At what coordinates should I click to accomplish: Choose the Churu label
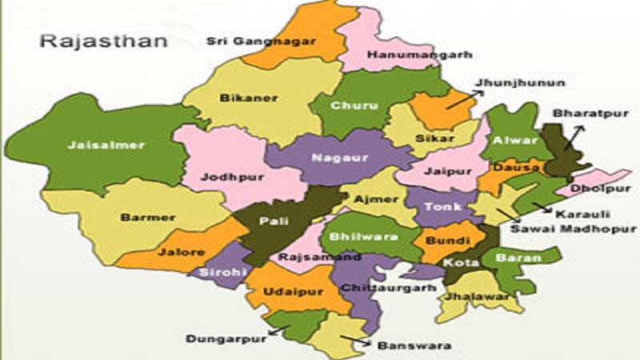[x=349, y=106]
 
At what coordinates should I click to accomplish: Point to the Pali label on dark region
[x=273, y=222]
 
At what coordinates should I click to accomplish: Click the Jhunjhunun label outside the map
[x=509, y=82]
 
